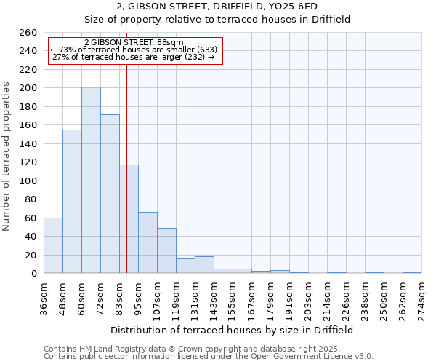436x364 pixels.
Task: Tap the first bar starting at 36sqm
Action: click(53, 245)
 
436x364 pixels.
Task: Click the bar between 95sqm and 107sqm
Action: click(148, 242)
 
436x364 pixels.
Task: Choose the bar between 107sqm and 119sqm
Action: click(166, 250)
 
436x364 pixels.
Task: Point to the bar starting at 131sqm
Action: click(204, 265)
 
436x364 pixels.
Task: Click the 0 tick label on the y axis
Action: click(34, 274)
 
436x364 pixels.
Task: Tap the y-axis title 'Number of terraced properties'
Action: click(7, 156)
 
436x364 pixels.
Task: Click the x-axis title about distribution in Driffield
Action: click(233, 330)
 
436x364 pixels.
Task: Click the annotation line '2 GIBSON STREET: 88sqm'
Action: click(134, 43)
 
